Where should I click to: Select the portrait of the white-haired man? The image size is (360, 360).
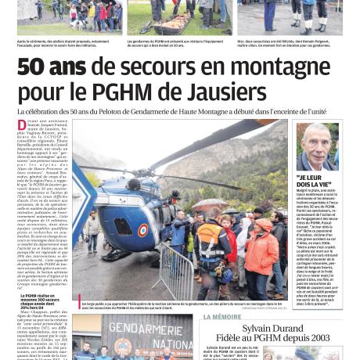point(316,147)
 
